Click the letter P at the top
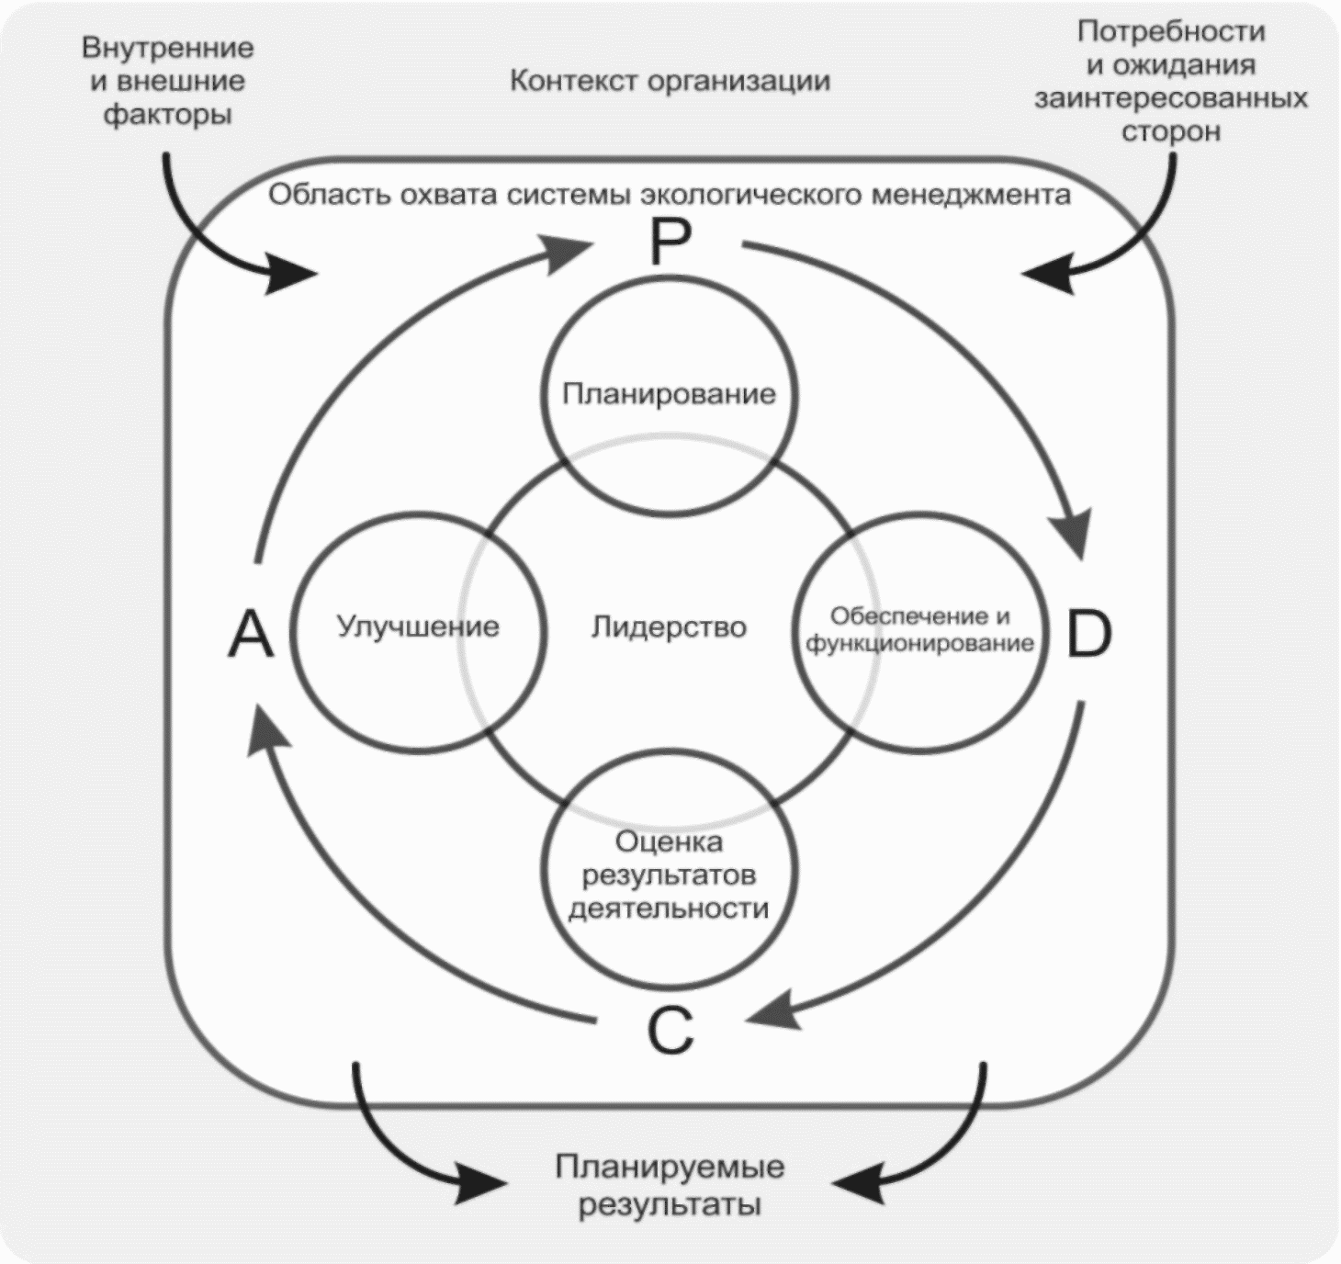(x=670, y=243)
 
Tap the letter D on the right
(x=1088, y=634)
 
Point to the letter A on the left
(x=251, y=634)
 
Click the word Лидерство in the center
(x=669, y=627)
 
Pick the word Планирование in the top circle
(x=669, y=394)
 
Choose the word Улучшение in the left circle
(x=418, y=626)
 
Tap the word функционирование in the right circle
(x=919, y=643)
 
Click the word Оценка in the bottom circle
(x=669, y=841)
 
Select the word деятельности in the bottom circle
(x=669, y=908)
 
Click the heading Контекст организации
(x=670, y=81)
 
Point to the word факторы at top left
(x=167, y=115)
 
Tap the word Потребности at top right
(x=1171, y=32)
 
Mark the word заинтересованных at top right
(x=1171, y=98)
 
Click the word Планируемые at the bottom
(x=670, y=1168)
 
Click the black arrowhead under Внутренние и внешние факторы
(x=292, y=273)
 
